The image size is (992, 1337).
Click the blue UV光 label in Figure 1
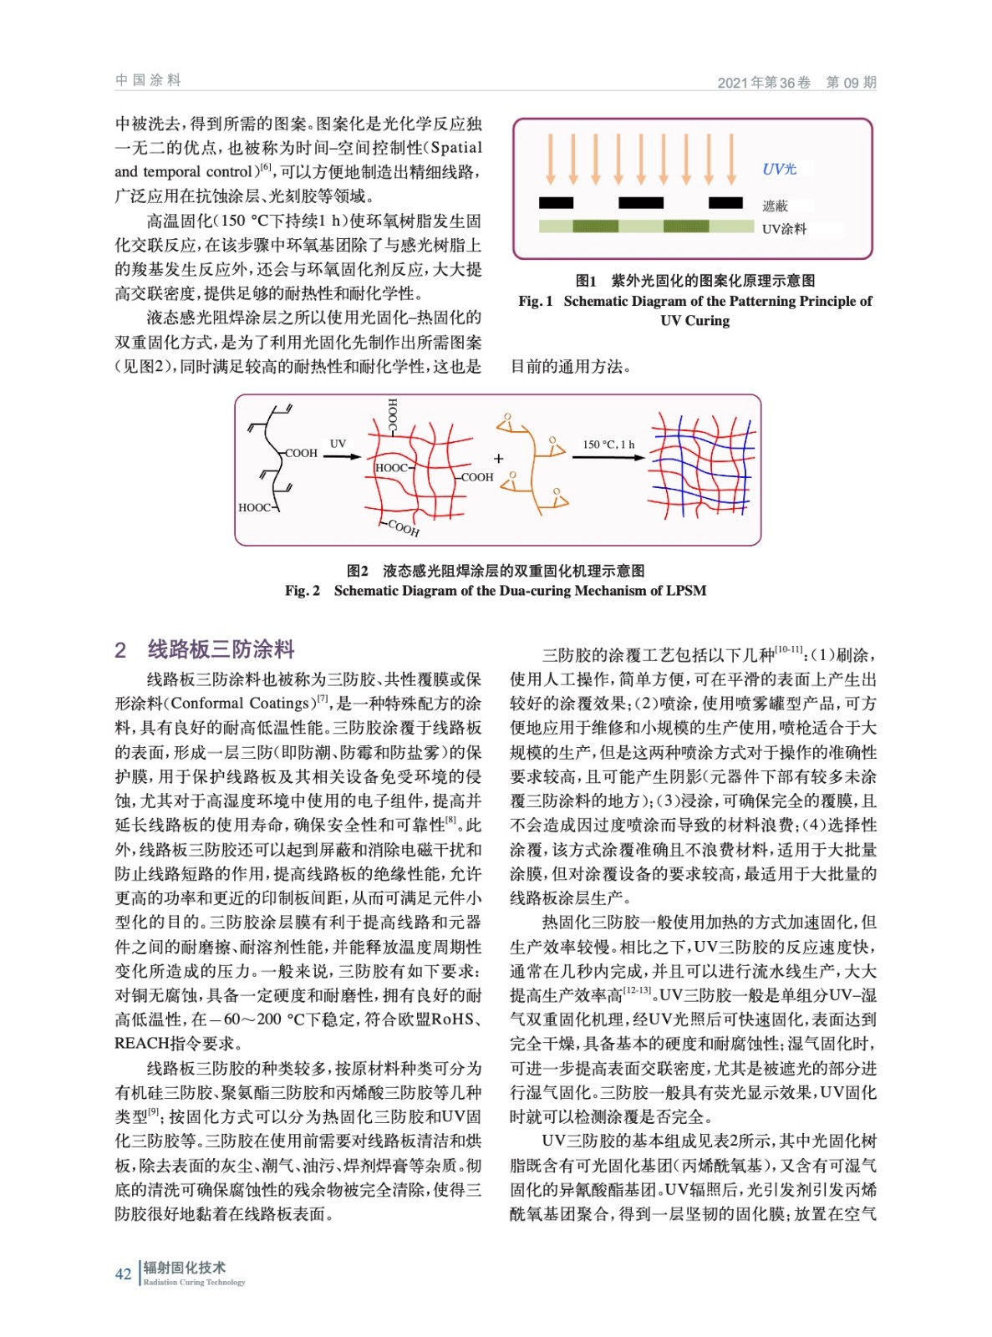pyautogui.click(x=779, y=169)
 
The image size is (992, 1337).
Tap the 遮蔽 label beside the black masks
pyautogui.click(x=775, y=206)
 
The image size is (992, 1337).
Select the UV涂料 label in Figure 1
pyautogui.click(x=784, y=229)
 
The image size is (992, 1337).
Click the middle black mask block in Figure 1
pyautogui.click(x=640, y=202)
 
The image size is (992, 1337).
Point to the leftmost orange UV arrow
pyautogui.click(x=550, y=159)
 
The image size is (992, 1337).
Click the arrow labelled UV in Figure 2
pyautogui.click(x=342, y=456)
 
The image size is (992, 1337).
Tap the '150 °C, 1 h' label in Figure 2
pyautogui.click(x=608, y=445)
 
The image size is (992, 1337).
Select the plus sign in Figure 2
pyautogui.click(x=499, y=458)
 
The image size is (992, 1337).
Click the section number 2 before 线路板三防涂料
pyautogui.click(x=120, y=650)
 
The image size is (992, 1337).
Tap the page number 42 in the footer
pyautogui.click(x=123, y=1273)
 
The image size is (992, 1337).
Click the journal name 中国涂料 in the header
pyautogui.click(x=148, y=80)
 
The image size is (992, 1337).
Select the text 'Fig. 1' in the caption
pyautogui.click(x=536, y=301)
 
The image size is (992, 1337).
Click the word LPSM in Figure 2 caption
pyautogui.click(x=687, y=591)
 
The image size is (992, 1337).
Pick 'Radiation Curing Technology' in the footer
pyautogui.click(x=194, y=1282)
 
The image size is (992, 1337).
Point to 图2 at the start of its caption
pyautogui.click(x=357, y=571)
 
